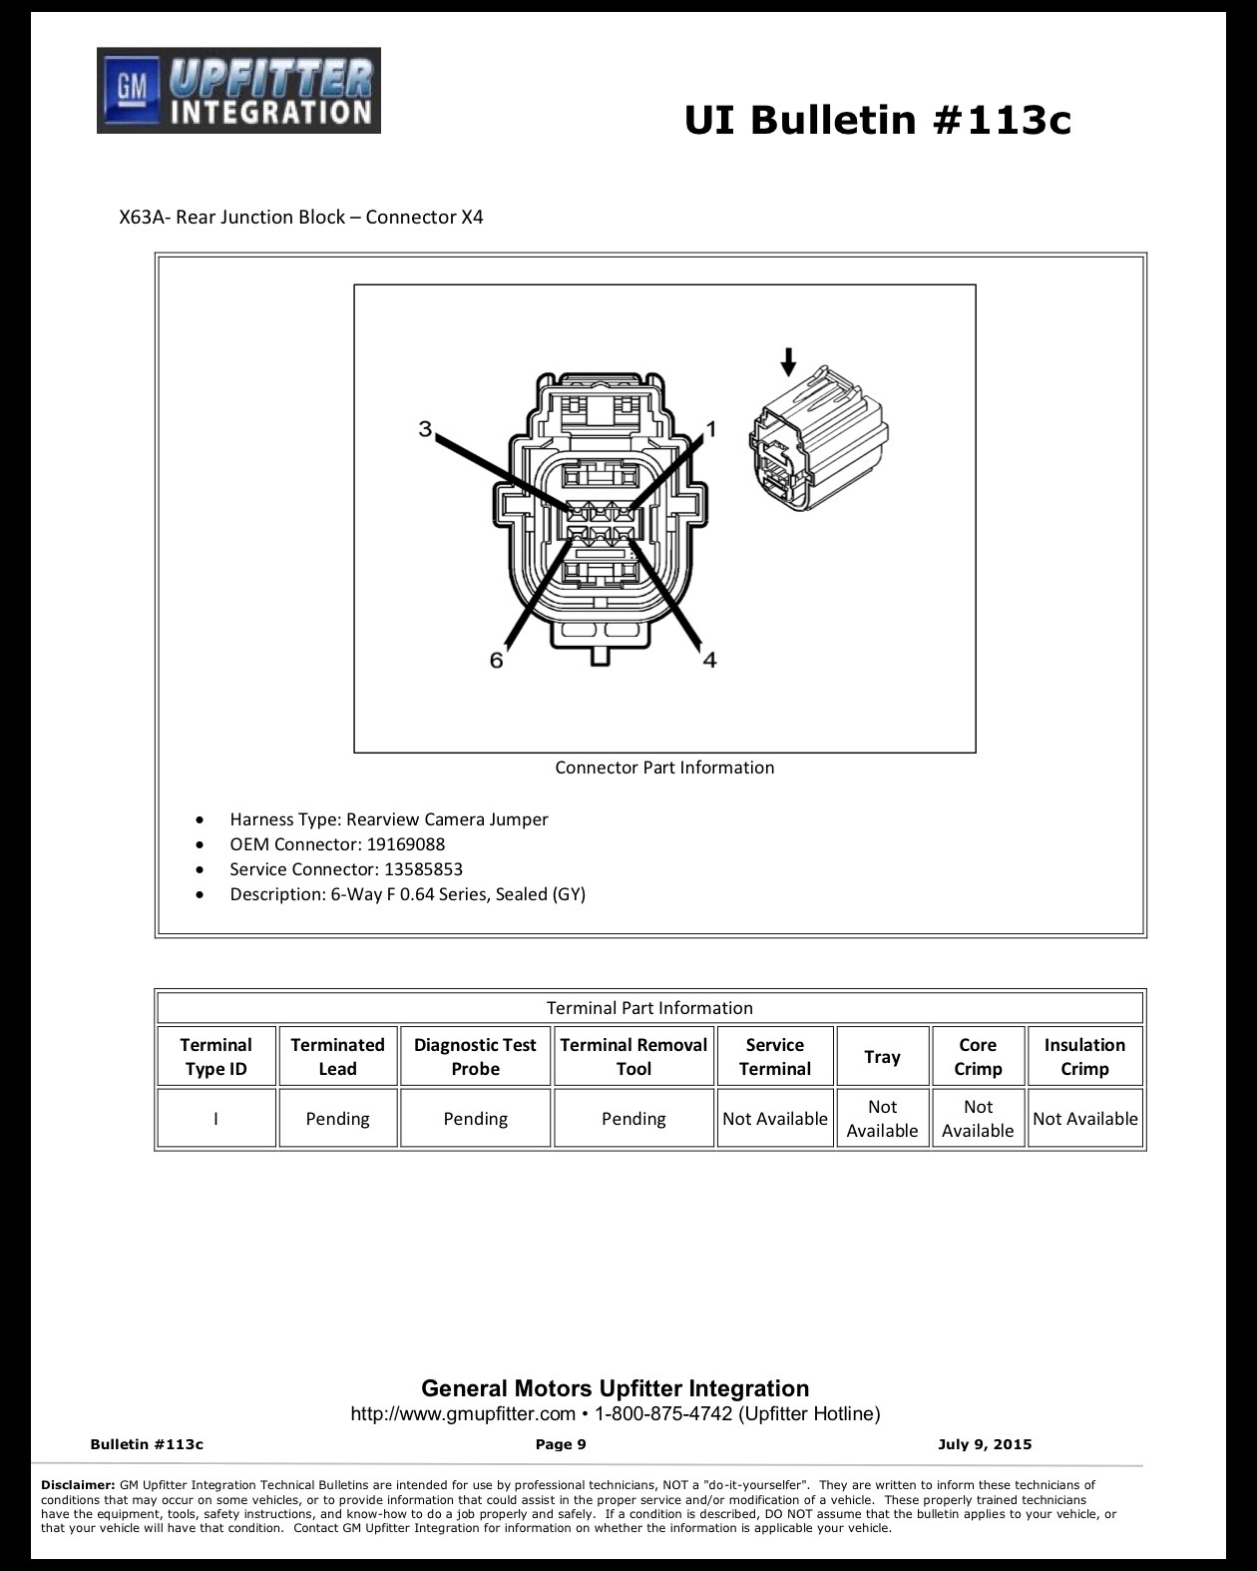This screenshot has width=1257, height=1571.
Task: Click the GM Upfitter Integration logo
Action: point(238,91)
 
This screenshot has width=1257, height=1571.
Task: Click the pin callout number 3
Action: point(425,428)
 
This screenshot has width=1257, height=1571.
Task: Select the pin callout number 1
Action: point(711,429)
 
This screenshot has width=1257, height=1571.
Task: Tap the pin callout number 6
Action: point(497,660)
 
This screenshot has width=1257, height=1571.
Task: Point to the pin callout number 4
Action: point(709,660)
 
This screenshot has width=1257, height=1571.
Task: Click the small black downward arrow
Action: point(788,361)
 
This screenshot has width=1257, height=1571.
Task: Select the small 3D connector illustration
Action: point(819,438)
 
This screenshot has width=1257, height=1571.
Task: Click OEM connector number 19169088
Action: point(406,844)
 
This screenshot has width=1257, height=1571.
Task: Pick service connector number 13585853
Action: point(423,868)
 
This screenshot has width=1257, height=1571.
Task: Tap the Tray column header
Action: point(882,1056)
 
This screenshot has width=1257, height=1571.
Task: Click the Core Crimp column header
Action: point(978,1056)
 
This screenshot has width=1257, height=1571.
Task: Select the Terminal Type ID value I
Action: point(215,1119)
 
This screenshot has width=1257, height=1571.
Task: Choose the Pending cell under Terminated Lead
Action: point(337,1119)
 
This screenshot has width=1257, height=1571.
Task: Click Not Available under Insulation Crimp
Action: point(1084,1119)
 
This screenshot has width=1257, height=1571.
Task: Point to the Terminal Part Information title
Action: point(648,1007)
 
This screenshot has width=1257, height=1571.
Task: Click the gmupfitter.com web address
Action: point(463,1413)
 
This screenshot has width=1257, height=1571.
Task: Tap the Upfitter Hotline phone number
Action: point(663,1413)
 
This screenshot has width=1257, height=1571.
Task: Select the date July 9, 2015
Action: point(984,1444)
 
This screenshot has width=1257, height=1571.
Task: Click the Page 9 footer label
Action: point(561,1444)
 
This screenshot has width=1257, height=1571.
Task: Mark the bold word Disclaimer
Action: point(78,1484)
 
